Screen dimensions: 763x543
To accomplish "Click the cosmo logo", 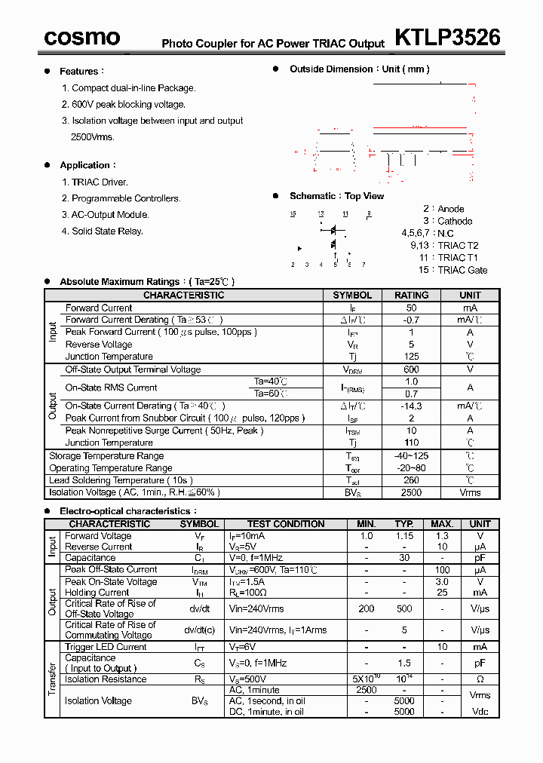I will click(x=81, y=37).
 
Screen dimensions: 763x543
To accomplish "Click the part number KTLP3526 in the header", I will click(x=447, y=37).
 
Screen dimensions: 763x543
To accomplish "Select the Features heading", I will click(x=79, y=72).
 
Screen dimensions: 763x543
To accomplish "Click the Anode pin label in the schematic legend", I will click(x=451, y=209).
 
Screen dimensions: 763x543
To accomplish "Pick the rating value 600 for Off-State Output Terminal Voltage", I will click(x=411, y=369).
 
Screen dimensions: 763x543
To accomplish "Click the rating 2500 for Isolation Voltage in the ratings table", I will click(x=411, y=492).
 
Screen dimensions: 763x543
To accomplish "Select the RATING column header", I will click(x=411, y=296).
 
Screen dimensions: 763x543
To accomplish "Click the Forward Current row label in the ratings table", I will click(x=99, y=308).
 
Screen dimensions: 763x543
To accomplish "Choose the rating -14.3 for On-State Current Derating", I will click(x=411, y=406).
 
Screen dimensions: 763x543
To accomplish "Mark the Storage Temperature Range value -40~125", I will click(x=411, y=456).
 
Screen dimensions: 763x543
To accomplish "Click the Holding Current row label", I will click(x=97, y=593).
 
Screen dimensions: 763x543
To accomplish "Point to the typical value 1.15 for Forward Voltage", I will click(x=404, y=536).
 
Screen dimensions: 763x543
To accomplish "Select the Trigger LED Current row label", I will click(x=106, y=647).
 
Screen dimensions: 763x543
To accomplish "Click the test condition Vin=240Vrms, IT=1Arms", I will click(x=278, y=630).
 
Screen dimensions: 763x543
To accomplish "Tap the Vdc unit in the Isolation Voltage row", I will click(x=480, y=712).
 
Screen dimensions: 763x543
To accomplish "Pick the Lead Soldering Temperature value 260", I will click(x=411, y=480).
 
